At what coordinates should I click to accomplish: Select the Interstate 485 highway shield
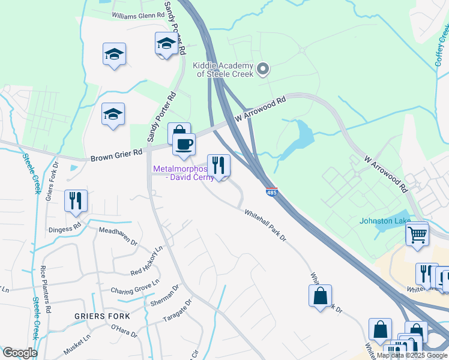[271, 192]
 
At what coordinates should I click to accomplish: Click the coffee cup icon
[184, 144]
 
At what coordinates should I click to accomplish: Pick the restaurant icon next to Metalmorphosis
[218, 166]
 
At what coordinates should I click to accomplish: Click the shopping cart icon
[417, 233]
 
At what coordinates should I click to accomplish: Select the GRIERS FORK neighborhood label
[98, 316]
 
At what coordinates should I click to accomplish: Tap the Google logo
[20, 353]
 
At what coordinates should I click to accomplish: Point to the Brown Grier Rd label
[116, 156]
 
